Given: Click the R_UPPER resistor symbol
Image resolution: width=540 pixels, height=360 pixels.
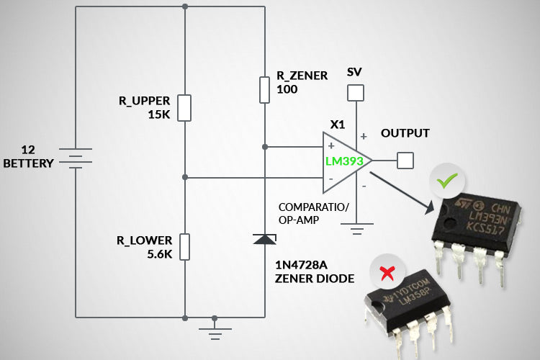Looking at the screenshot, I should tap(185, 107).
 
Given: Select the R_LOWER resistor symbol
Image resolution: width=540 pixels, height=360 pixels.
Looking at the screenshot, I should tap(185, 246).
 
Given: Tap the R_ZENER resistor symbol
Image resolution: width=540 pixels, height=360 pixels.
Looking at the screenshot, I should tap(265, 90).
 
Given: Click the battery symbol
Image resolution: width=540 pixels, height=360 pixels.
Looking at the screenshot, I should tap(75, 158).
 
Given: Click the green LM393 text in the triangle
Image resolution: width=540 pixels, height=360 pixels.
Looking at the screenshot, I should tap(344, 161).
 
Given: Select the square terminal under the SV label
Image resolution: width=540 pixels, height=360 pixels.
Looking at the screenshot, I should tap(354, 93).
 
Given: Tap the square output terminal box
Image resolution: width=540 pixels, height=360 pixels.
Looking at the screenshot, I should tap(406, 160).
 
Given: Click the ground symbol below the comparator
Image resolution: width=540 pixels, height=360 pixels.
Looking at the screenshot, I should tap(355, 231).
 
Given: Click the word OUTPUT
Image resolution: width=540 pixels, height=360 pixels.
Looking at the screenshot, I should tap(405, 133).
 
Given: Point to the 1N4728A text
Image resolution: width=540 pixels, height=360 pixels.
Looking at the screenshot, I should tap(300, 264).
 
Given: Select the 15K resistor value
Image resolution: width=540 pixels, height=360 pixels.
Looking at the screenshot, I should tap(158, 114).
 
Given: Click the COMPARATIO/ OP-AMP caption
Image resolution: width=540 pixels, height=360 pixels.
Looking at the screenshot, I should tap(313, 214).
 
